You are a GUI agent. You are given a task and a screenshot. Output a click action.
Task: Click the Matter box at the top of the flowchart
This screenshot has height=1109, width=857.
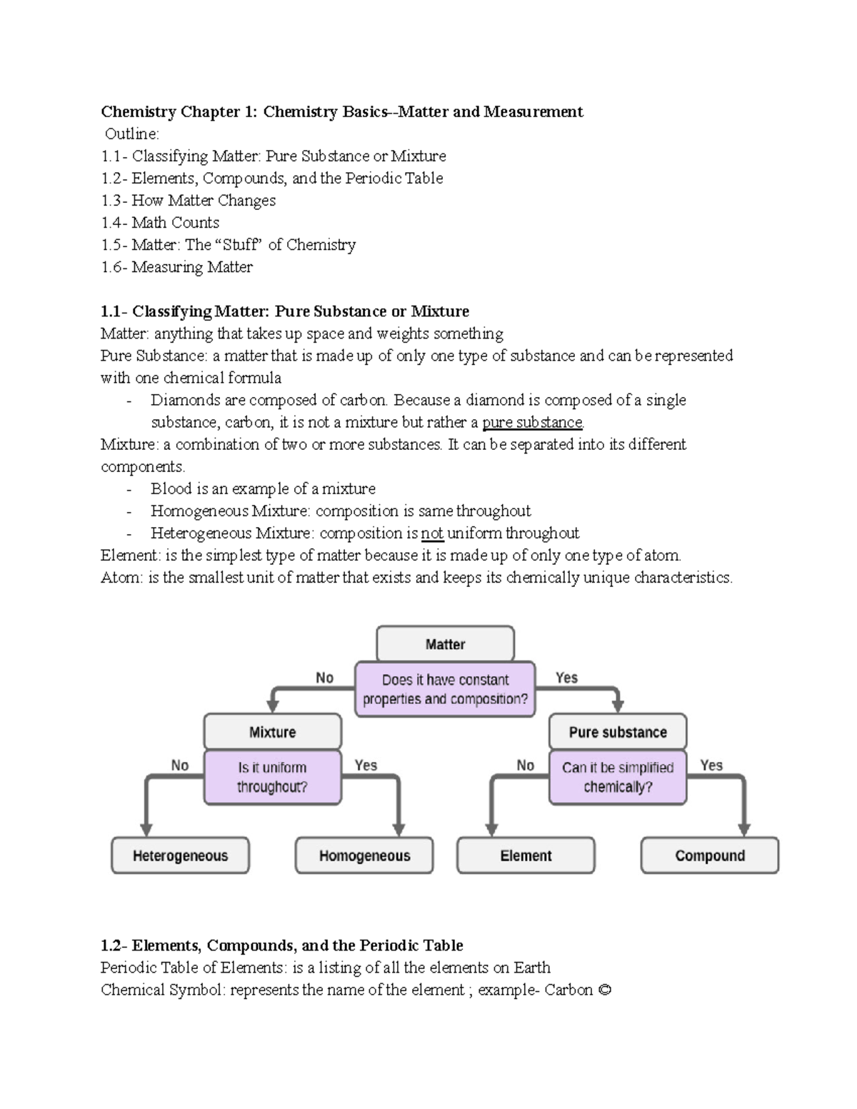pyautogui.click(x=445, y=644)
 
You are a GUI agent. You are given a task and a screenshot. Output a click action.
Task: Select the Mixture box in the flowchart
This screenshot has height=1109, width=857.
pyautogui.click(x=272, y=732)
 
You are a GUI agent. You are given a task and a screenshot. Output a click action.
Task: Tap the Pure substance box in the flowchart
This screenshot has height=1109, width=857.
pyautogui.click(x=618, y=732)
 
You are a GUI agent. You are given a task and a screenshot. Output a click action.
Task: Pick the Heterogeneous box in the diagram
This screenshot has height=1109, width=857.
pyautogui.click(x=180, y=855)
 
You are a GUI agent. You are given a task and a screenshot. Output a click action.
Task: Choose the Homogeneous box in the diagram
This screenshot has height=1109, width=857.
pyautogui.click(x=364, y=855)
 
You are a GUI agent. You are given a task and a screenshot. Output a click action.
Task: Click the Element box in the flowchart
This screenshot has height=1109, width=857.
pyautogui.click(x=526, y=855)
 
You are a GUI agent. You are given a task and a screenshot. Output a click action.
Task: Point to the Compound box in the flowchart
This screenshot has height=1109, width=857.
pyautogui.click(x=710, y=855)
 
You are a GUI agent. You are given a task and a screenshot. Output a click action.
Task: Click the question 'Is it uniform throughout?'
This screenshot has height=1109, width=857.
pyautogui.click(x=272, y=777)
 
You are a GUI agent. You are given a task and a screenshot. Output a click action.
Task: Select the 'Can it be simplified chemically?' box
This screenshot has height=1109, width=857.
pyautogui.click(x=618, y=777)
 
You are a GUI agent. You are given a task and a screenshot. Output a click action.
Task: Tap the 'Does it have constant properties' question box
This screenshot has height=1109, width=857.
pyautogui.click(x=445, y=689)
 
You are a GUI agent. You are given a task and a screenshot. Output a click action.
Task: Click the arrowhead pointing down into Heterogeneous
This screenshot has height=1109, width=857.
pyautogui.click(x=146, y=828)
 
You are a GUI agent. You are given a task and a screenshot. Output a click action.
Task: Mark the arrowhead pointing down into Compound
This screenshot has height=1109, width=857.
pyautogui.click(x=744, y=828)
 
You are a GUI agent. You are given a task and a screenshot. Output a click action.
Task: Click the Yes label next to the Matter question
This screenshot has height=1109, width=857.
pyautogui.click(x=566, y=678)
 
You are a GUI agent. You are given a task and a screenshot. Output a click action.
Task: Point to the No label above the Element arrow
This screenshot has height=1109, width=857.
pyautogui.click(x=526, y=766)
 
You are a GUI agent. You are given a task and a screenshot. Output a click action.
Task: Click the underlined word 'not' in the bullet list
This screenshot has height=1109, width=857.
pyautogui.click(x=432, y=533)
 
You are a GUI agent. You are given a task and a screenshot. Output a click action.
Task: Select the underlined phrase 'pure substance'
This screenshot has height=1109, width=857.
pyautogui.click(x=533, y=423)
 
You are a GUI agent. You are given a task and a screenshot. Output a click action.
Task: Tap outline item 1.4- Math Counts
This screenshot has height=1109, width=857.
pyautogui.click(x=160, y=223)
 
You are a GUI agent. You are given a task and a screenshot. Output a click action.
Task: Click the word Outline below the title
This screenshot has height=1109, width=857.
pyautogui.click(x=132, y=134)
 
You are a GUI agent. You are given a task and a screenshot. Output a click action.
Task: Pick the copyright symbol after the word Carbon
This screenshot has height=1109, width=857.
pyautogui.click(x=605, y=990)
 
